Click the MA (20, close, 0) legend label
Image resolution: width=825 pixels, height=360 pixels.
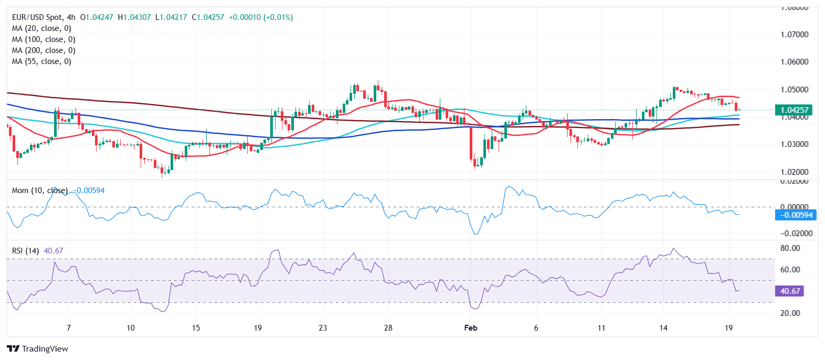pyautogui.click(x=41, y=28)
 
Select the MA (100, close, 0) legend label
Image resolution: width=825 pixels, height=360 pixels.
pyautogui.click(x=44, y=39)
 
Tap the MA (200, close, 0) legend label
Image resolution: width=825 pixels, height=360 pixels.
pyautogui.click(x=44, y=50)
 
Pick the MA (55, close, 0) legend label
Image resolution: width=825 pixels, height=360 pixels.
pyautogui.click(x=41, y=61)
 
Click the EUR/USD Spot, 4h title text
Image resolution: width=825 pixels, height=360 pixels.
pyautogui.click(x=44, y=17)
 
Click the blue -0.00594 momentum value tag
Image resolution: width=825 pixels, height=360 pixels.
pyautogui.click(x=796, y=215)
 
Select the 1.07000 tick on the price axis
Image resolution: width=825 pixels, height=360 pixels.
pyautogui.click(x=794, y=35)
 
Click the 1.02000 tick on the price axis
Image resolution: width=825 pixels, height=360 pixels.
pyautogui.click(x=794, y=172)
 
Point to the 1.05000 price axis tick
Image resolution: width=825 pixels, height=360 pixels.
pyautogui.click(x=794, y=90)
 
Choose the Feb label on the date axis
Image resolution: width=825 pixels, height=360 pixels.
pyautogui.click(x=471, y=328)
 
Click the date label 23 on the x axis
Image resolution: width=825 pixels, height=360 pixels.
pyautogui.click(x=323, y=328)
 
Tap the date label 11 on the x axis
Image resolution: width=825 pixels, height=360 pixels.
pyautogui.click(x=601, y=328)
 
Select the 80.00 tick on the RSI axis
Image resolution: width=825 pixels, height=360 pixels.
pyautogui.click(x=790, y=248)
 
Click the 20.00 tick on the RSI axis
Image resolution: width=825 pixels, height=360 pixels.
pyautogui.click(x=790, y=313)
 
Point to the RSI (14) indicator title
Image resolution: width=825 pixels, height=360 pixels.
pyautogui.click(x=25, y=251)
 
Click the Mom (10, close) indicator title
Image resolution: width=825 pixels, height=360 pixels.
pyautogui.click(x=40, y=190)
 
